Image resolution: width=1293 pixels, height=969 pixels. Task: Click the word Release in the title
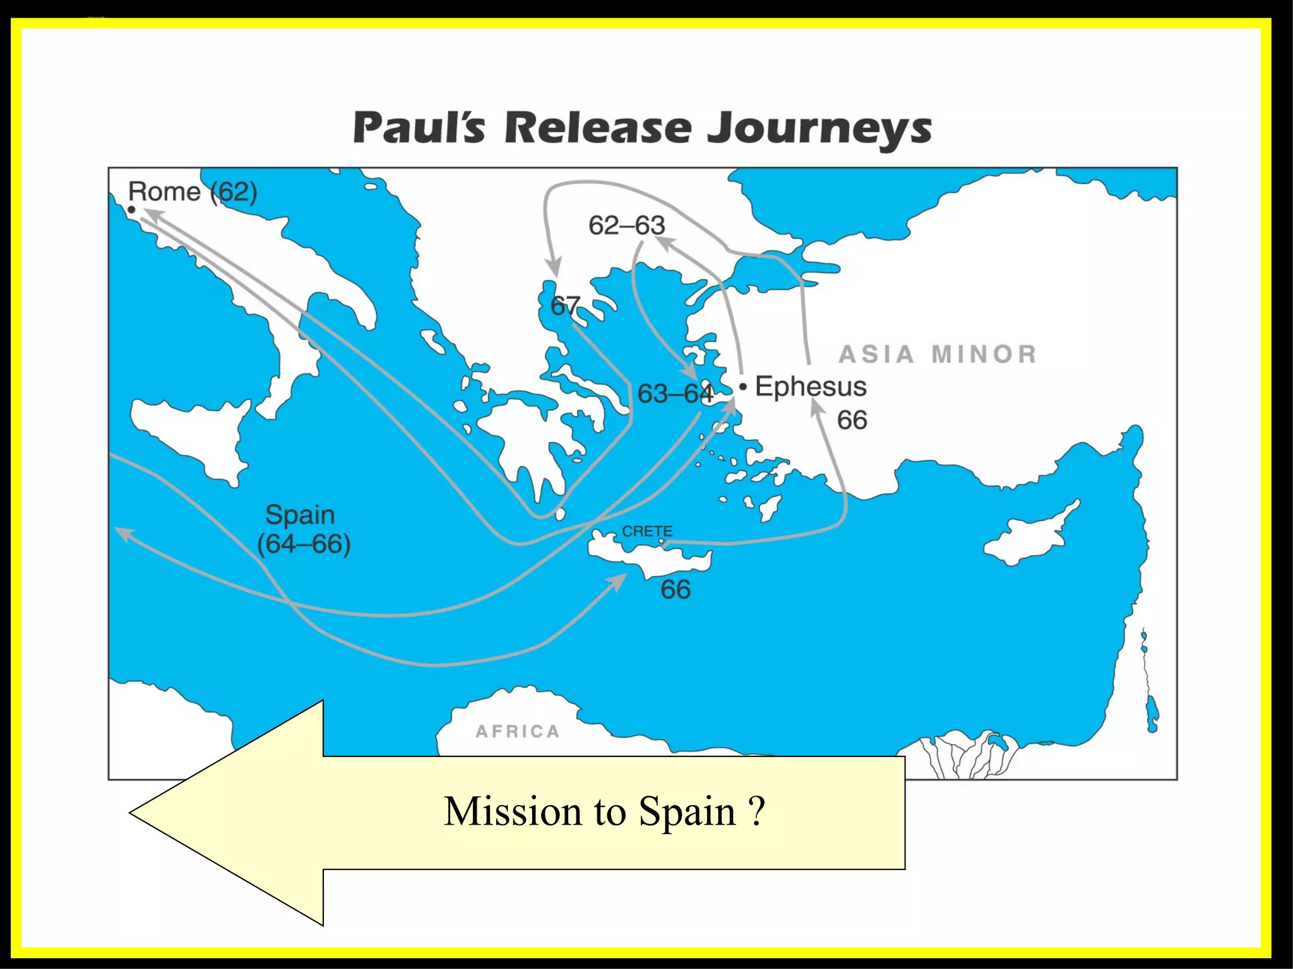click(599, 128)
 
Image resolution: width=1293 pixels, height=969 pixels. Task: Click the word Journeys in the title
click(819, 129)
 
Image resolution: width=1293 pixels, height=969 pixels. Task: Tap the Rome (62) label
click(193, 191)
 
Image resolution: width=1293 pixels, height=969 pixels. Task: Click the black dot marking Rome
click(131, 209)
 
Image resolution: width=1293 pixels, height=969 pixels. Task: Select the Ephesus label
click(811, 386)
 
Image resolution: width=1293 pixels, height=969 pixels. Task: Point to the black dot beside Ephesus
click(743, 385)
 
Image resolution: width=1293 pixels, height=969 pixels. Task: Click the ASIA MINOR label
click(938, 354)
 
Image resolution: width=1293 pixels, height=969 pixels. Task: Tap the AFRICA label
click(518, 731)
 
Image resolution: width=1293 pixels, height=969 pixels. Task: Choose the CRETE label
click(647, 531)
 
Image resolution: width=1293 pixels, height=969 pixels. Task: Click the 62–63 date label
click(627, 225)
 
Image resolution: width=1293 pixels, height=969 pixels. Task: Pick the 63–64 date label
click(675, 394)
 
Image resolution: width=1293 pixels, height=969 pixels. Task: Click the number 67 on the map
click(564, 306)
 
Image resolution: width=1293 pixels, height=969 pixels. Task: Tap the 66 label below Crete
click(676, 589)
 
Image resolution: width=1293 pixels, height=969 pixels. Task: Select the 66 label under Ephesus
click(852, 420)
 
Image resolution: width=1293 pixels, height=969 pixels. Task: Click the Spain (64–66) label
click(303, 529)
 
